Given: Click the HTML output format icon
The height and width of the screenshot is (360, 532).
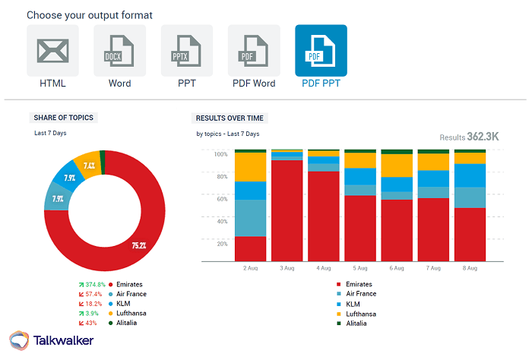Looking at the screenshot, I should click(x=52, y=51).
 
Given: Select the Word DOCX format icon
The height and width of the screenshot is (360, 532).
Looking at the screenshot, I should click(x=119, y=51).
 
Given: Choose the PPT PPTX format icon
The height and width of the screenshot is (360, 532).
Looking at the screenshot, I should click(x=187, y=51).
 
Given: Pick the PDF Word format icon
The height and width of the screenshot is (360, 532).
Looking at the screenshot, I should click(x=254, y=51).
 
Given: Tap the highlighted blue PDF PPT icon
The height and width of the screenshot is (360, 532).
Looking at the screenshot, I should click(x=321, y=51).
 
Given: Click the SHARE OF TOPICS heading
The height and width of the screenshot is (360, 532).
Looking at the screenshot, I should click(x=65, y=118).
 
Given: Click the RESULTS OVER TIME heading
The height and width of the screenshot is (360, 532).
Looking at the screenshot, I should click(x=231, y=118).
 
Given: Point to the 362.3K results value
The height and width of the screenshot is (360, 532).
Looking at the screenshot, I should click(x=483, y=137).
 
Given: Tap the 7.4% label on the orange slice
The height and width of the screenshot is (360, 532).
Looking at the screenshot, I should click(x=89, y=166).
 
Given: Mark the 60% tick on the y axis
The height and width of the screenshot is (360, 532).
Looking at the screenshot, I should click(x=221, y=199).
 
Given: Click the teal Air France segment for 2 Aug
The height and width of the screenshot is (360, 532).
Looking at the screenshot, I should click(x=251, y=218).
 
